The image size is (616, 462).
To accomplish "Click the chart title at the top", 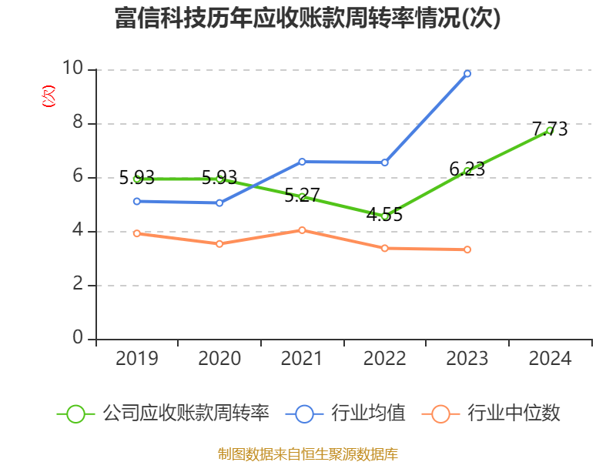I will [307, 18].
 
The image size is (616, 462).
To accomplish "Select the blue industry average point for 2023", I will [467, 73].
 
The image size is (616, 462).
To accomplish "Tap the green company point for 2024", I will [550, 130].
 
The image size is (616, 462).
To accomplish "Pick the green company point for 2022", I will [385, 216].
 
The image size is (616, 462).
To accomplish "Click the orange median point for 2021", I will [302, 230].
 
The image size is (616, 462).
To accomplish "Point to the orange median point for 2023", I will [467, 249].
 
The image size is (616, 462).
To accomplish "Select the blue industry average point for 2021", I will [302, 162].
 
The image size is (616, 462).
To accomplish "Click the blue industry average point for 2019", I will [137, 201].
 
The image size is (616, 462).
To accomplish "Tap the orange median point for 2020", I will [219, 243].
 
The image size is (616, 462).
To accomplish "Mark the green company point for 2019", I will [137, 178].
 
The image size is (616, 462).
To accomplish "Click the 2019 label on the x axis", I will [137, 359].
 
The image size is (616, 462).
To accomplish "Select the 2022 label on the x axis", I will [385, 359].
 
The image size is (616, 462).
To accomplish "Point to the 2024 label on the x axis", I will [550, 359].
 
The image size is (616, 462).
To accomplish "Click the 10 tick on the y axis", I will [73, 69].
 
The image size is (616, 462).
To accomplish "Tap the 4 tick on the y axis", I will [78, 231].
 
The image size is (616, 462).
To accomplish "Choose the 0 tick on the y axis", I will [78, 339].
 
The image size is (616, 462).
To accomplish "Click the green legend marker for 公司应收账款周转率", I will [75, 413].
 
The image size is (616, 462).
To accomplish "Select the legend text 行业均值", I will [368, 413].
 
